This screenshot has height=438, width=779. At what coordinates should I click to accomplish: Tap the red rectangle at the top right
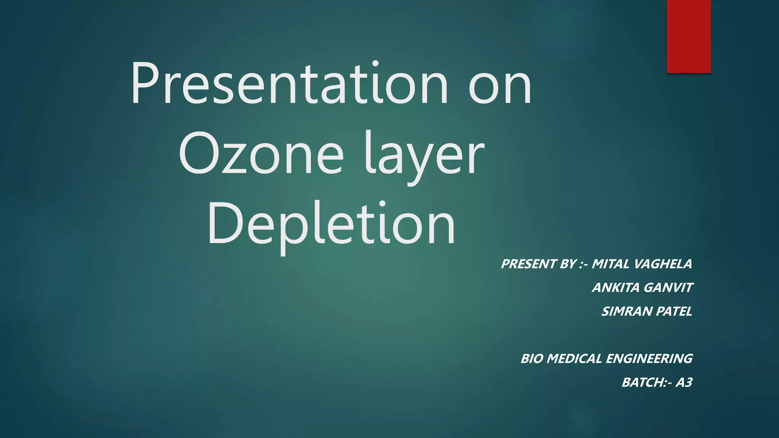688,36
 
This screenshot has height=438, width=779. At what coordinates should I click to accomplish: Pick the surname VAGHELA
663,264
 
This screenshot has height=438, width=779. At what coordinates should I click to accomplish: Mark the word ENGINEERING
649,359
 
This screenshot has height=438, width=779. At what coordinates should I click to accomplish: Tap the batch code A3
684,382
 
